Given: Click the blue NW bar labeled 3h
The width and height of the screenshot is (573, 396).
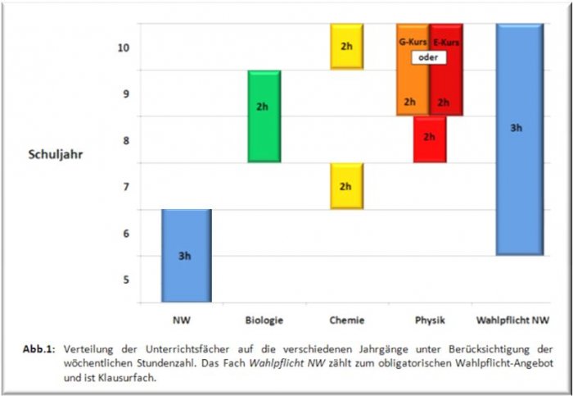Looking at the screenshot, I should click(186, 255).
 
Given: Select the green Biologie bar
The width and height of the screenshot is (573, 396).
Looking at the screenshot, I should click(264, 116).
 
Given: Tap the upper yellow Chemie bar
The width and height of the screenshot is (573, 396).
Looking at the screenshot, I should click(346, 46).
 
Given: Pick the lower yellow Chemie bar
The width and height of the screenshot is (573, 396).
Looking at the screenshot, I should click(346, 186).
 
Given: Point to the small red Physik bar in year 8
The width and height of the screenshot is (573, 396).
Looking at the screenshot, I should click(429, 139).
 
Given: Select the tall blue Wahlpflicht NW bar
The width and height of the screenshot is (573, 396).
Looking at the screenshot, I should click(517, 139).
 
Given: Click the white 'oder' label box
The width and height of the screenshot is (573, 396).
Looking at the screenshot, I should click(426, 57).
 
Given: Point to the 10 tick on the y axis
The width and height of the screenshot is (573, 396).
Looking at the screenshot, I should click(123, 48).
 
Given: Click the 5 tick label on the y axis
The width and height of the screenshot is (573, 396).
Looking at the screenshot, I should click(125, 280).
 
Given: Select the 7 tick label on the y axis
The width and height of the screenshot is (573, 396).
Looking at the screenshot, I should click(125, 187).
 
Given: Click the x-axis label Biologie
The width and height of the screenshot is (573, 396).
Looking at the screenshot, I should click(263, 320).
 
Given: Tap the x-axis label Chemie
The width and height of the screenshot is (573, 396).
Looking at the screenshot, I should click(346, 320).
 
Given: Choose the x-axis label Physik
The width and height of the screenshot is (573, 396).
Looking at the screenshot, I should click(429, 320).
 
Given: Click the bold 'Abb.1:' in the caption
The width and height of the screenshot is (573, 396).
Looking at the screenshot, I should click(38, 348).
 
